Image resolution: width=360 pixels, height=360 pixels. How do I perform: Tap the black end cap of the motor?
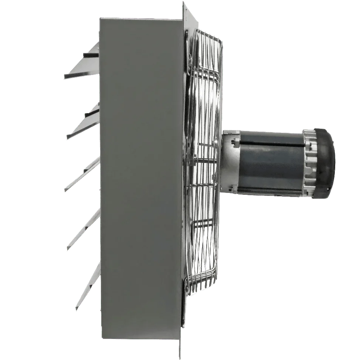(325, 159)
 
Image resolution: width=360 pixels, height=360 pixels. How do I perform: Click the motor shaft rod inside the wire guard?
(207, 160)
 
